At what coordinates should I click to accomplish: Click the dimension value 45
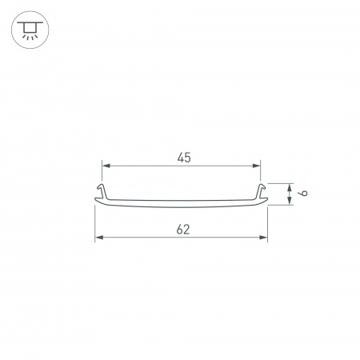184,158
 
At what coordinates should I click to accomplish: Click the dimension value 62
183,230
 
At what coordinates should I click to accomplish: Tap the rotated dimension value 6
303,193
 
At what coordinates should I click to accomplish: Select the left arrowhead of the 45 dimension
106,166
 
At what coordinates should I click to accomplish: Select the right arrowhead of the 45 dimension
256,166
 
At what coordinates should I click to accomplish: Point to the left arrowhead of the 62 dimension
99,238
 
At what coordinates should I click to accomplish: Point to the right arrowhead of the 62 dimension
263,238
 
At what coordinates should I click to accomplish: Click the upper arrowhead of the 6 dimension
289,188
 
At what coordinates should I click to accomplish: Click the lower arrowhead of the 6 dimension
289,201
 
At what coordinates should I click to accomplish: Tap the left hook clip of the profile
102,191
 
